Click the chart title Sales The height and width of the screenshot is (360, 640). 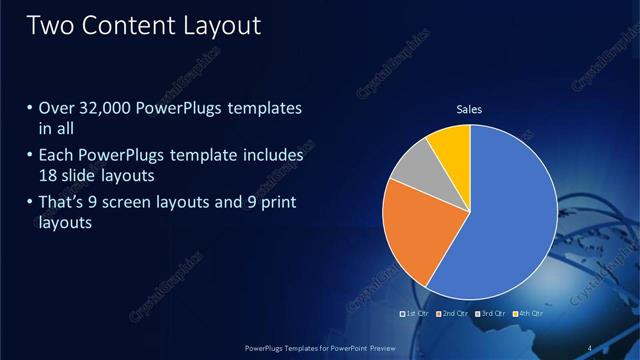pyautogui.click(x=470, y=110)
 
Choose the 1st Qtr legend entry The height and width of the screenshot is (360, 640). pyautogui.click(x=416, y=314)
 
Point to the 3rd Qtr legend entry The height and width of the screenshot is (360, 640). pyautogui.click(x=490, y=314)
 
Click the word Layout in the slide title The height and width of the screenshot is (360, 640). pyautogui.click(x=221, y=25)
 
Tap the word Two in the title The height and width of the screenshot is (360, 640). pyautogui.click(x=50, y=25)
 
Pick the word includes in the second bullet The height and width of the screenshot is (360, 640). pyautogui.click(x=272, y=156)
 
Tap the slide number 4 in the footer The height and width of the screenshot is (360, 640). pyautogui.click(x=590, y=347)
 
